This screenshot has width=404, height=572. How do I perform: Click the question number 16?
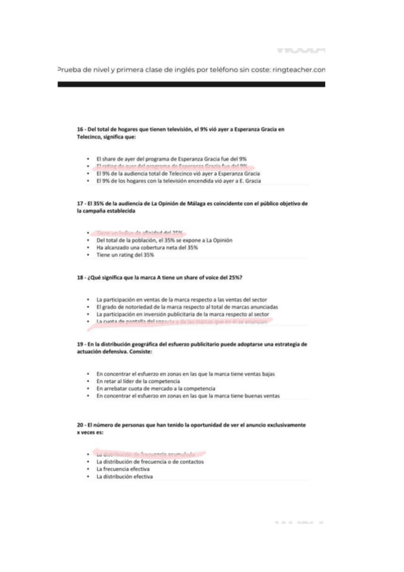[81, 129]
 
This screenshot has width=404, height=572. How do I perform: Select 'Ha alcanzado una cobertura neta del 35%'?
[147, 247]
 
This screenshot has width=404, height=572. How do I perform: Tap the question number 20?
[81, 426]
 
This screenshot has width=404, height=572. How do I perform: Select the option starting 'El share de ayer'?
[171, 159]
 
